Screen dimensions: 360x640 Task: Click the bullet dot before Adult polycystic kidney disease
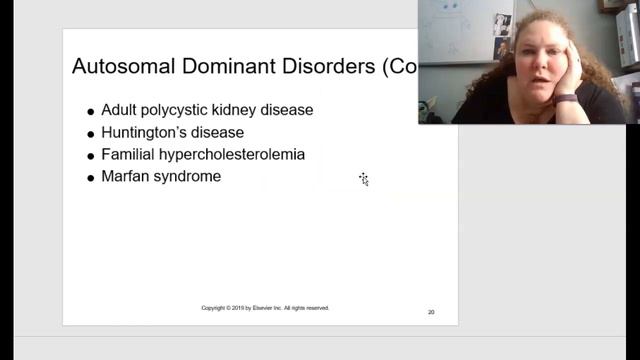(91, 112)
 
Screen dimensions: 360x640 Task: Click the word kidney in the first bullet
(252, 110)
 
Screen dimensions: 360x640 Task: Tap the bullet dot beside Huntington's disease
(91, 134)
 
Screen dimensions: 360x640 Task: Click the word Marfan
(125, 176)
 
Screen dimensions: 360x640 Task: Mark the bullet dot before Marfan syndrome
(91, 178)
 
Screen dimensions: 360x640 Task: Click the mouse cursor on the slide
(364, 179)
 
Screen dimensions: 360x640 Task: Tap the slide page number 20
(431, 312)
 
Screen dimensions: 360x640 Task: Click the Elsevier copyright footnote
(265, 308)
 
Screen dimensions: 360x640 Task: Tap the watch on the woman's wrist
(566, 98)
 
